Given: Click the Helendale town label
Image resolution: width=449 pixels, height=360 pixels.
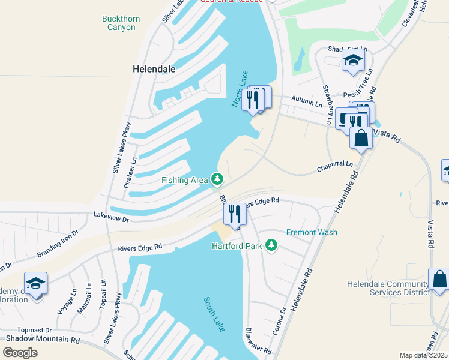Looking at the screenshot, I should tap(154, 69).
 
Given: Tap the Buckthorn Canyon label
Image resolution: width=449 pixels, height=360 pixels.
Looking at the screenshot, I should tap(121, 23).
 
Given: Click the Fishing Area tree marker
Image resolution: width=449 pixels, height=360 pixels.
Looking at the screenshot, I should tap(217, 179).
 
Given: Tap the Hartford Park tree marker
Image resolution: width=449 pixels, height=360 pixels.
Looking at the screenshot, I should tap(272, 245).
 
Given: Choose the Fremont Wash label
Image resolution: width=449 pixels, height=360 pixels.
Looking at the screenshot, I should tap(312, 232).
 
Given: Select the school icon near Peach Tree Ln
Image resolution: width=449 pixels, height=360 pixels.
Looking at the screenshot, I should tap(353, 59).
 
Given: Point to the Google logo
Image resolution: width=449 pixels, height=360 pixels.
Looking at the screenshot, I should tap(20, 352).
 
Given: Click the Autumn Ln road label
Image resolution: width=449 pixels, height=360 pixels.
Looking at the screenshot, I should tap(307, 100).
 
